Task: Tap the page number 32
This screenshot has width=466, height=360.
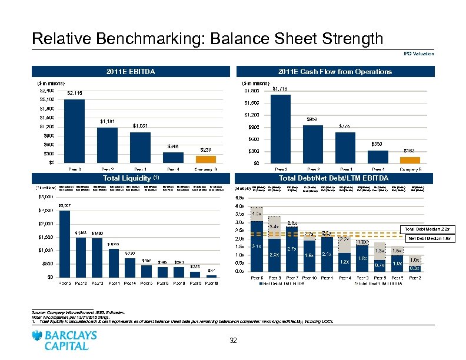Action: pyautogui.click(x=233, y=341)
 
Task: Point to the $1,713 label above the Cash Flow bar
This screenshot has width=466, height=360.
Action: pyautogui.click(x=280, y=89)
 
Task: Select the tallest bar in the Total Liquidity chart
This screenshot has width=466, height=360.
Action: pyautogui.click(x=65, y=242)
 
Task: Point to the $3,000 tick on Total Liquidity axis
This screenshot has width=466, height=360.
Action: pyautogui.click(x=45, y=197)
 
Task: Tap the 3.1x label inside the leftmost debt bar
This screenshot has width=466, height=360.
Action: pyautogui.click(x=256, y=246)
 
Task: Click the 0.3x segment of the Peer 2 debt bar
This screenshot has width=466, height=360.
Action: pyautogui.click(x=414, y=268)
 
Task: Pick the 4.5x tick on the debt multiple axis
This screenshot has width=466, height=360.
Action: pyautogui.click(x=239, y=197)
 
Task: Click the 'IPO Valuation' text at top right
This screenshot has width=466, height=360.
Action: pyautogui.click(x=419, y=54)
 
